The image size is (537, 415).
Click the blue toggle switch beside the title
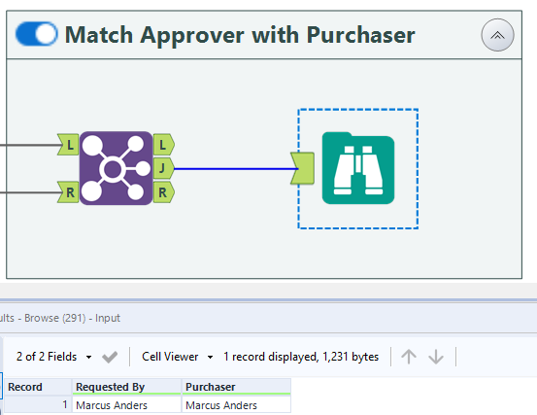[x=37, y=34]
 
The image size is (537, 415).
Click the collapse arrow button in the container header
[x=497, y=35]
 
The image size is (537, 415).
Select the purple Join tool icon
[x=117, y=168]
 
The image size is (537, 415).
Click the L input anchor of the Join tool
[x=69, y=145]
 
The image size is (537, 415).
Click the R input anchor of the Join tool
[x=69, y=192]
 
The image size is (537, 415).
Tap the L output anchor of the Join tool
[x=164, y=145]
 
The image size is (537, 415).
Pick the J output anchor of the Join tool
[x=164, y=168]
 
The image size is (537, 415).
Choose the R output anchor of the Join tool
[x=164, y=192]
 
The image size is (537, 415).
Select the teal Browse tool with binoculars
[x=358, y=168]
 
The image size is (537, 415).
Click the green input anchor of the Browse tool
[x=302, y=168]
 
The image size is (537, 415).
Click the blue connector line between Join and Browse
[x=236, y=168]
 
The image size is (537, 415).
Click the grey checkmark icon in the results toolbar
[x=110, y=357]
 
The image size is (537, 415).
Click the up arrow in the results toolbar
[x=409, y=357]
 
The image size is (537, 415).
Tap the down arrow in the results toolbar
[x=436, y=357]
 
